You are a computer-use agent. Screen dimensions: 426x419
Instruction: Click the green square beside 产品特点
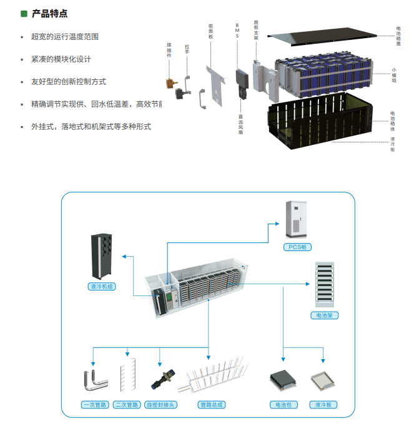(24, 13)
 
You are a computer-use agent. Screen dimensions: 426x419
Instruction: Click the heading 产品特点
(49, 13)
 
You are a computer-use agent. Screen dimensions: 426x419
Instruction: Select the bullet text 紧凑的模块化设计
(61, 59)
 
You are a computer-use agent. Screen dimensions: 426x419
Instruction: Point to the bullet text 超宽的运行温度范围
(64, 37)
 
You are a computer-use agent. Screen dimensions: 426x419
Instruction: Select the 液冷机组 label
(102, 287)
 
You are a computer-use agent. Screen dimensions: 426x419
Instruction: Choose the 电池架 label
(324, 315)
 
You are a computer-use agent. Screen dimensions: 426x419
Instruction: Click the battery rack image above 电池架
(324, 285)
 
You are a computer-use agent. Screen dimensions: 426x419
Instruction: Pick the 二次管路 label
(127, 405)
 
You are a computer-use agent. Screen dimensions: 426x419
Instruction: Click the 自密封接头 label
(160, 405)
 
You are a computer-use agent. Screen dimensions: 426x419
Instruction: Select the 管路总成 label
(212, 405)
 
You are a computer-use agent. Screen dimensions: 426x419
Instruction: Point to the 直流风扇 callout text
(240, 124)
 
